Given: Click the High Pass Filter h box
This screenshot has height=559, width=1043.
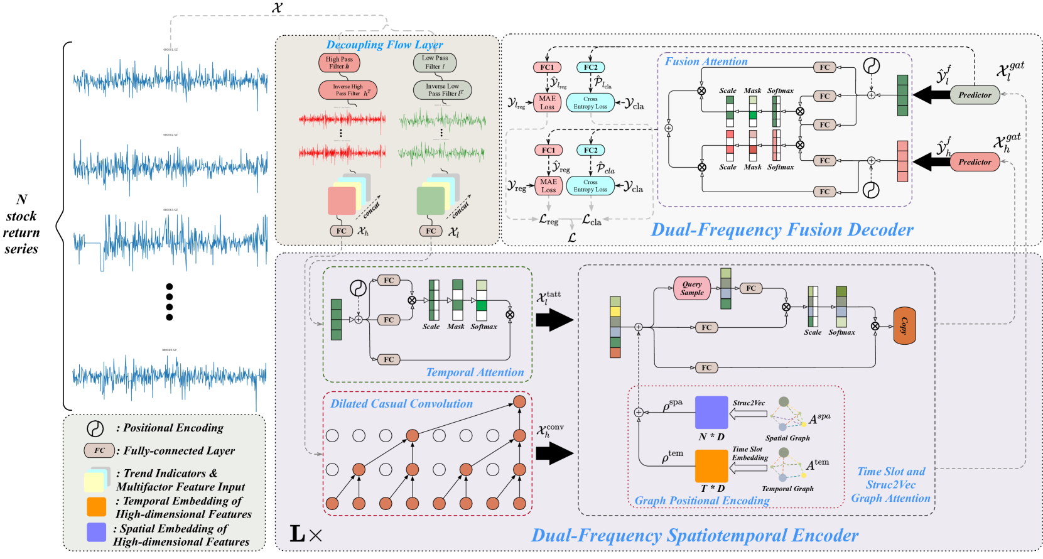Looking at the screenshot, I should pos(339,63).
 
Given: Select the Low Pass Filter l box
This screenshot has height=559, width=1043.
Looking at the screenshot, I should pos(435,62).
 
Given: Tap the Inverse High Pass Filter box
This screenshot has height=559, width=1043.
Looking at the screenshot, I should pos(348,90).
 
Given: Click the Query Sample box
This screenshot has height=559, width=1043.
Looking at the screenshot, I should pos(691,288).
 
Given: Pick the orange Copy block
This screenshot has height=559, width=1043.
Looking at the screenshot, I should pos(904,326).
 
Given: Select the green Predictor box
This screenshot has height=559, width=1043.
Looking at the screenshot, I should pos(974,95).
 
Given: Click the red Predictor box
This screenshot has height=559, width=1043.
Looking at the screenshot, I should pos(974,162).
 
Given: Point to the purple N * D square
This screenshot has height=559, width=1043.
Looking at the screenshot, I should pos(711,413).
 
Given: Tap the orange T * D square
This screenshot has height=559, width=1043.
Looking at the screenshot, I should pos(711,466).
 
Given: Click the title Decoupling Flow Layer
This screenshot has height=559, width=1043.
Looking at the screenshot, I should pos(384,45).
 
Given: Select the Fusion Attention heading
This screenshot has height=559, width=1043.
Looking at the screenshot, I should pos(706,62).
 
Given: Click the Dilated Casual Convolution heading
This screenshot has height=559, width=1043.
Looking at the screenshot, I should pos(401,404).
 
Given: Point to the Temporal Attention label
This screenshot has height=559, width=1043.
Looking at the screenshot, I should pos(475,372).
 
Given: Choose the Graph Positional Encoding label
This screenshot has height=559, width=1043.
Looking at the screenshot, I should pos(701,501).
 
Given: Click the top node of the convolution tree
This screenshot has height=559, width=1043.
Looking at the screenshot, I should pos(519,402).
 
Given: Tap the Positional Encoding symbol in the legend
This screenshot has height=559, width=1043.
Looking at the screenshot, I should pos(95,428).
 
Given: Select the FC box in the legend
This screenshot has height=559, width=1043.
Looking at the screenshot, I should pos(100,450).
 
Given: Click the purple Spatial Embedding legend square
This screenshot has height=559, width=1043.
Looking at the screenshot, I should pos(96,532).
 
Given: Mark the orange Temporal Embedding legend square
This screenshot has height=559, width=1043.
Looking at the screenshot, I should pos(96,506).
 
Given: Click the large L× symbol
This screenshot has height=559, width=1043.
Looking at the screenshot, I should pos(306,535).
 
